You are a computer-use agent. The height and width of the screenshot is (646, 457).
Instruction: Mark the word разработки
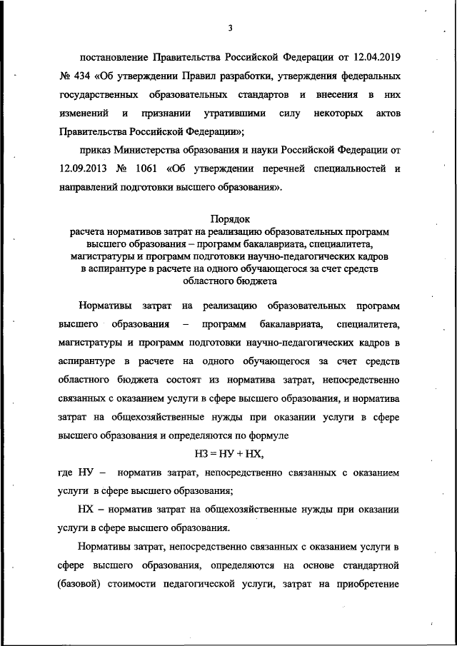tap(213, 75)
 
